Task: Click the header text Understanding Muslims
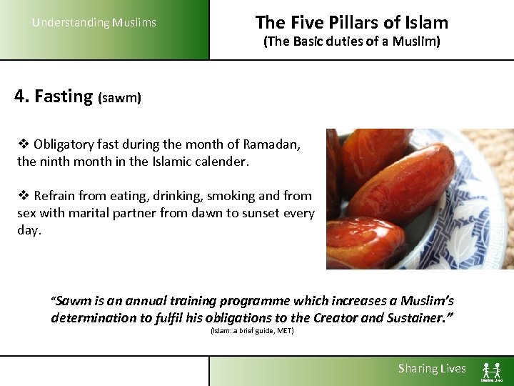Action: (x=94, y=23)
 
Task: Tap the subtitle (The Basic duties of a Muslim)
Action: (x=352, y=41)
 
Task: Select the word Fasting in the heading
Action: (x=64, y=96)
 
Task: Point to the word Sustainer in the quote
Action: (x=415, y=318)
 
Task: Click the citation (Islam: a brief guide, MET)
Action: (x=252, y=331)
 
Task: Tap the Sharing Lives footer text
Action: (x=432, y=369)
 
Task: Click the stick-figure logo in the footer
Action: (x=492, y=370)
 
